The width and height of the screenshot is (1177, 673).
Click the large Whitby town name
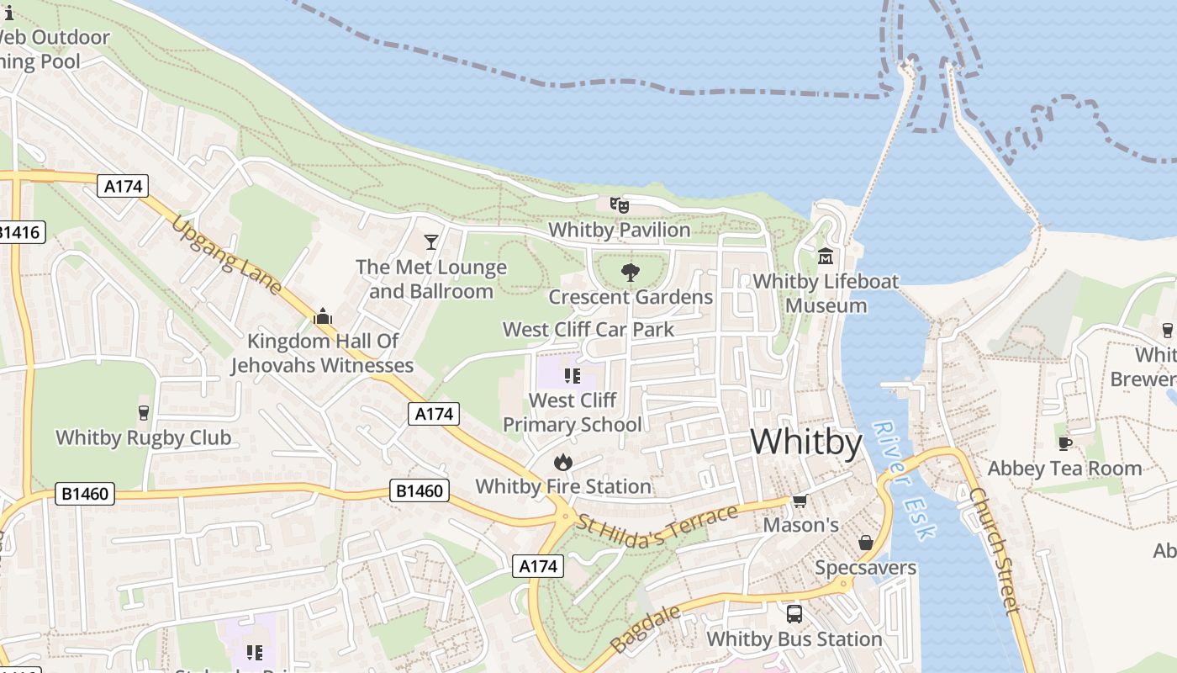pos(805,442)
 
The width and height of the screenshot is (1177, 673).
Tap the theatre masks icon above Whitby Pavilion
pos(619,204)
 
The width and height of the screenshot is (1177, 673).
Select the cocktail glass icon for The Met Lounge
pos(431,242)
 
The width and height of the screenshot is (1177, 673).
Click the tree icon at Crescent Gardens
pos(630,272)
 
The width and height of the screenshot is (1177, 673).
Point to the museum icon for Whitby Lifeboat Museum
pos(826,256)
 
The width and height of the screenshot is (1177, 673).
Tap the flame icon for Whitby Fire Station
pos(562,462)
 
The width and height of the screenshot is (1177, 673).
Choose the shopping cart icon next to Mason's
pos(800,501)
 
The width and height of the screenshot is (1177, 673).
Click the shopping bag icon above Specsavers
pos(865,543)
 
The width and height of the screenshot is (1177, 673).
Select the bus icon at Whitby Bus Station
pos(794,614)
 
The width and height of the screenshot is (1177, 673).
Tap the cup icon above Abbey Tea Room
pos(1064,443)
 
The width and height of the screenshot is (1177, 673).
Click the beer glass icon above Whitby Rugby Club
pos(143,412)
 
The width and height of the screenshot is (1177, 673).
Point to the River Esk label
pos(904,480)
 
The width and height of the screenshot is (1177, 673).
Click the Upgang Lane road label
pos(227,255)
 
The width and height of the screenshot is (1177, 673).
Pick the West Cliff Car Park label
pos(588,329)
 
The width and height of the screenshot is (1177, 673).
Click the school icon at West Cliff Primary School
pos(573,375)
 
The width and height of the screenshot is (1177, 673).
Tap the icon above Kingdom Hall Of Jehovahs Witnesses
pos(322,317)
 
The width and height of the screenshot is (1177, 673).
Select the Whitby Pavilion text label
pos(619,230)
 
